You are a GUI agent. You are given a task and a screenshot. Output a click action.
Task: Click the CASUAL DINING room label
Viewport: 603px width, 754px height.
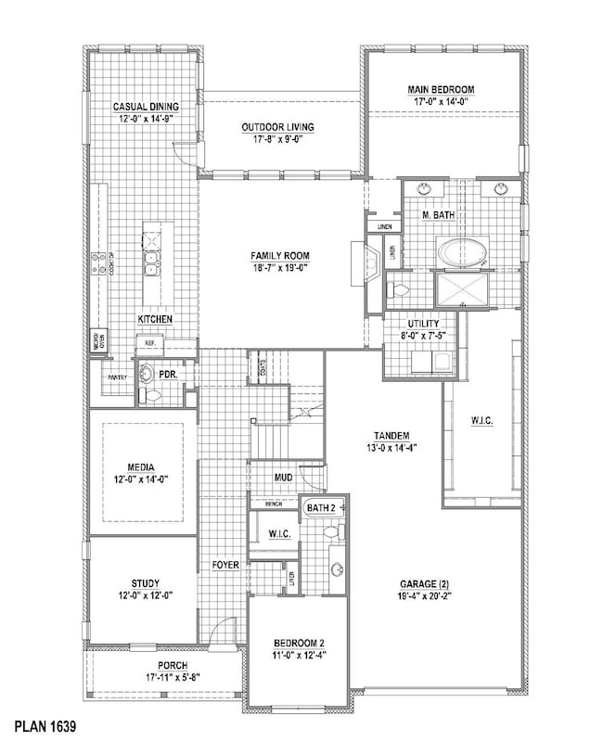point(146,107)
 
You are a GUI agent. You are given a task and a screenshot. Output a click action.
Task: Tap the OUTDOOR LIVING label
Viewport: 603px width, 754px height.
point(277,127)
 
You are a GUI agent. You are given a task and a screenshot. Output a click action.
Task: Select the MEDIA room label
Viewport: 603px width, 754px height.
point(143,467)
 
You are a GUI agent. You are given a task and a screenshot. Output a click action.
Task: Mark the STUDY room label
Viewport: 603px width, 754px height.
point(142,583)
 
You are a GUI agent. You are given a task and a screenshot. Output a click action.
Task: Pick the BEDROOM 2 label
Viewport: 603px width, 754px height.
point(297,644)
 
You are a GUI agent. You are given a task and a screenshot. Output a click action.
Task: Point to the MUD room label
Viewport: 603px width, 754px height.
point(283,479)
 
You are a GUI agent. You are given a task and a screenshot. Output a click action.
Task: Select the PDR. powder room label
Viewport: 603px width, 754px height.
point(168,374)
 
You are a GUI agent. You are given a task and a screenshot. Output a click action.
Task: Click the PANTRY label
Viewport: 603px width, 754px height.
point(117,377)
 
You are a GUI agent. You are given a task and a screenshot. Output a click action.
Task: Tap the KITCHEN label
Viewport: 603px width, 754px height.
point(155,319)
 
